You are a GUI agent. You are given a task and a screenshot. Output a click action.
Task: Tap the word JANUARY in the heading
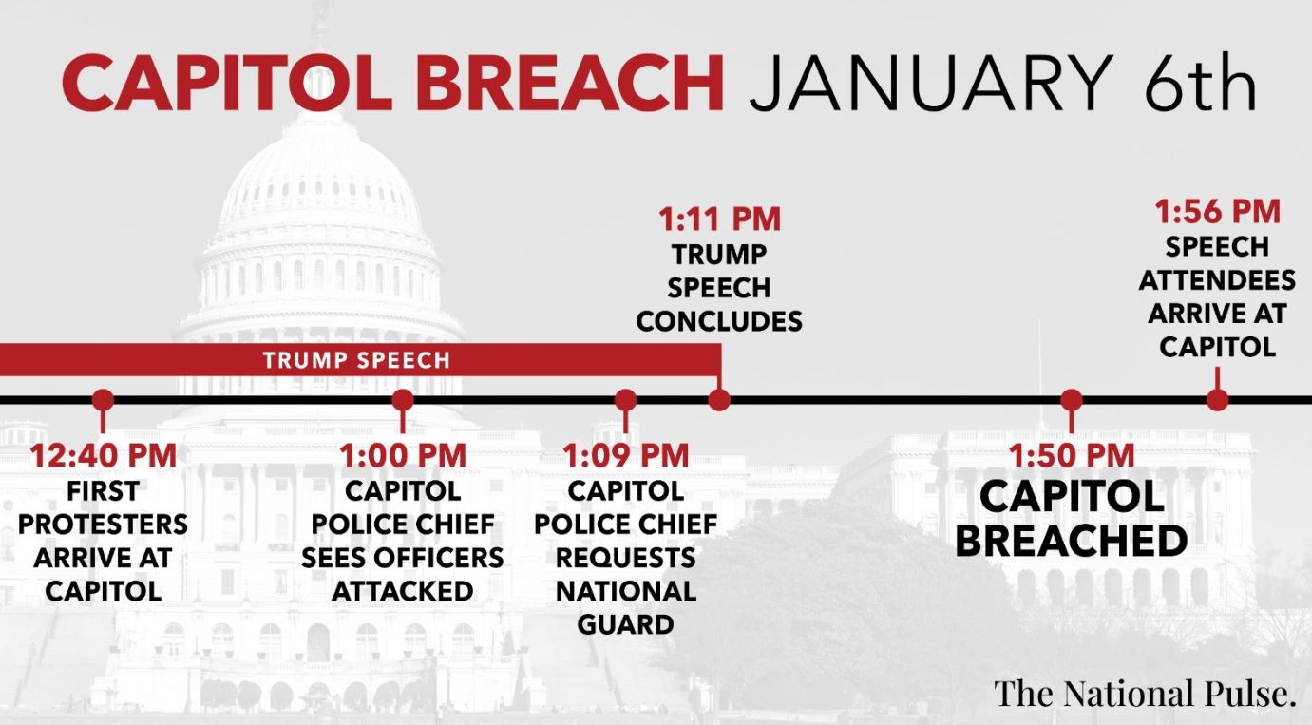pos(931,83)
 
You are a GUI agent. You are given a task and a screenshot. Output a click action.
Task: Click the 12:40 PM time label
pos(104,455)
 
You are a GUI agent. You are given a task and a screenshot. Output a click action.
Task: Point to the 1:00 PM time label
pos(403,455)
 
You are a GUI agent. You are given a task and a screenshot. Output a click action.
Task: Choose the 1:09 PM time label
pos(625,455)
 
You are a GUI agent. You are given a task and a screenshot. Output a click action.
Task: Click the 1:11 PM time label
pos(719,219)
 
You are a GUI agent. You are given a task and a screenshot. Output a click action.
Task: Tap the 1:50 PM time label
pos(1072,455)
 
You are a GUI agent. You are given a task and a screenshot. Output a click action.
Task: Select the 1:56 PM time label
pos(1218,211)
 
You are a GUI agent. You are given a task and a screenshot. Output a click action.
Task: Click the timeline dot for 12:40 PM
pos(104,401)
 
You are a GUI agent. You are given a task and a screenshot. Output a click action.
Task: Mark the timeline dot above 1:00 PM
pos(403,401)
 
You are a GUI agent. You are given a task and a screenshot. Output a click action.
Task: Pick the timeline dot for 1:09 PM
pos(625,401)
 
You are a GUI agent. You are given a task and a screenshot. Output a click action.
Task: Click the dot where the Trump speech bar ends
pos(719,401)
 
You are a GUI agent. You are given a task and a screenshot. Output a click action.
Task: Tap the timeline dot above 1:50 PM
pos(1072,401)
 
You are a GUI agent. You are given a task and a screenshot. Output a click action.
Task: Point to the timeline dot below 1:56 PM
pos(1218,401)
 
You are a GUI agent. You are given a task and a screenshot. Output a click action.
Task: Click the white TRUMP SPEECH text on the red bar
pos(356,360)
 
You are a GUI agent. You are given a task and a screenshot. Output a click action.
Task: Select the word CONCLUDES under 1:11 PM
pos(719,321)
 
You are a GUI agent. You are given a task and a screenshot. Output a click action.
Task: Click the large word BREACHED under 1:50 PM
pos(1072,541)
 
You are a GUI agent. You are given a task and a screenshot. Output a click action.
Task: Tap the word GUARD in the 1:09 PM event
pos(625,625)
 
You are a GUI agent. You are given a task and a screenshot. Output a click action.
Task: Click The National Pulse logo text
pos(1145,694)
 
